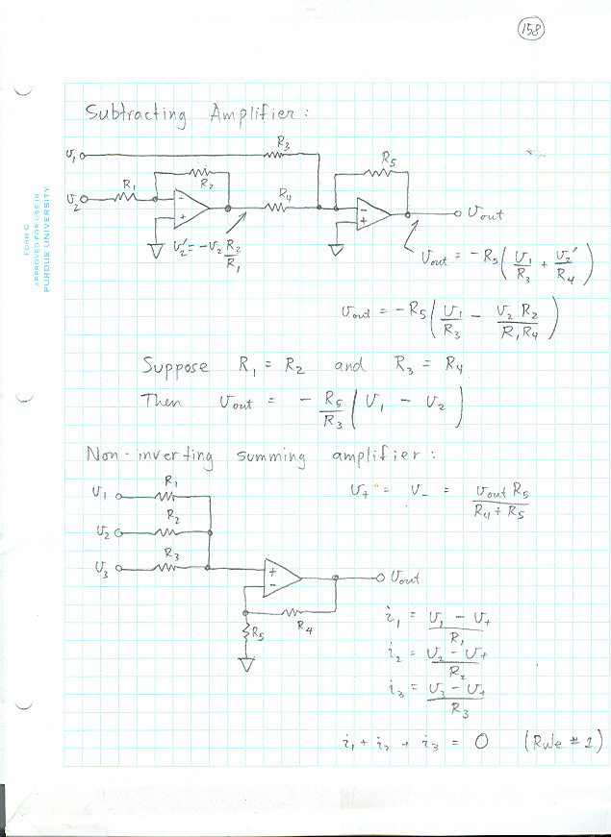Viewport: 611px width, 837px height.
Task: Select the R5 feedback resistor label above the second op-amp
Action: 388,157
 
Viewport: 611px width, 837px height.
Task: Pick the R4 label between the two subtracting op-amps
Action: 286,196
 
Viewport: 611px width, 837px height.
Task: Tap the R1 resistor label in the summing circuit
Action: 171,480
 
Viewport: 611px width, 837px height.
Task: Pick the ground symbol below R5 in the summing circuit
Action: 246,665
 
